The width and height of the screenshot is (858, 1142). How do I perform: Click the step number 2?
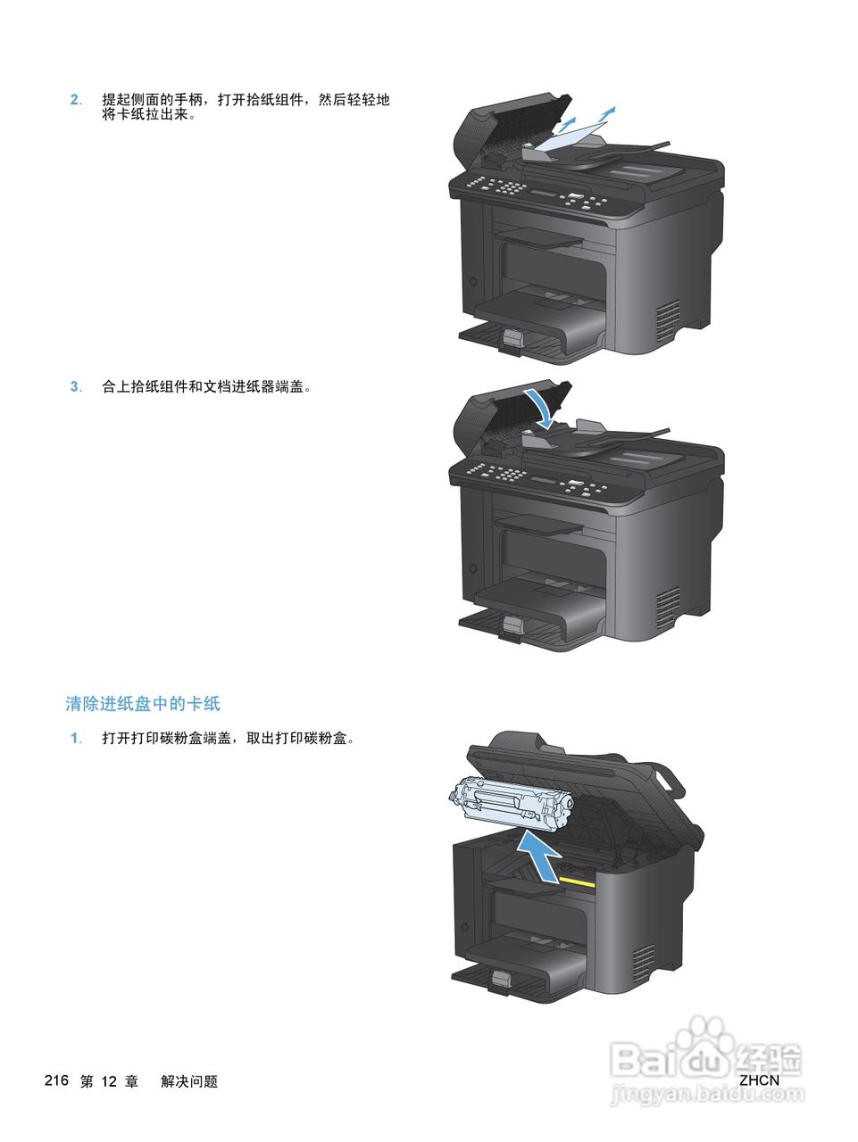click(x=75, y=100)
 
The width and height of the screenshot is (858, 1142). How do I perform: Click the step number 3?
click(x=75, y=387)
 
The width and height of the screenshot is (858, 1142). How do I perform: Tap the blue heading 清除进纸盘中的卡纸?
click(x=143, y=704)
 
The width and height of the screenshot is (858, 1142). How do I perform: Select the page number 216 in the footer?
click(x=56, y=1080)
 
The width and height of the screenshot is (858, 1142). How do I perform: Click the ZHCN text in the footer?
click(x=759, y=1080)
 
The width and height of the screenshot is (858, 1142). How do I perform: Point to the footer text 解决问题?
click(x=189, y=1081)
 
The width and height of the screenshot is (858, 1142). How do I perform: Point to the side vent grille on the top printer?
click(x=669, y=321)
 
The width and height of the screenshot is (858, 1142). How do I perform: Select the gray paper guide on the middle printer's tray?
click(x=511, y=627)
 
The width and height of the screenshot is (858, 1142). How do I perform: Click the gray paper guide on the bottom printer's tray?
click(x=500, y=981)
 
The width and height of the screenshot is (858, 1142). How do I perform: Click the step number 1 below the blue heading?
click(x=75, y=739)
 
